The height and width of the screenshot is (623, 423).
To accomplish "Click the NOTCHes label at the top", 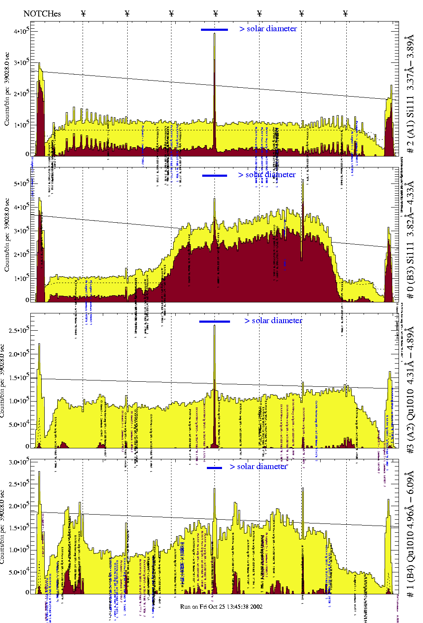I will point(42,13).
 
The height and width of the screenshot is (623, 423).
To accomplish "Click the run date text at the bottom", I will point(221,607).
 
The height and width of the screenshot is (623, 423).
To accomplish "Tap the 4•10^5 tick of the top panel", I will point(21,31).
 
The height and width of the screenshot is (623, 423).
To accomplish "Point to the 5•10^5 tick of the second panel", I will point(21,183).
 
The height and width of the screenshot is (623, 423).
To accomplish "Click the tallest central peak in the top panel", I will point(214,36).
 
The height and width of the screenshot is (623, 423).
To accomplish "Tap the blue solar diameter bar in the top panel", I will point(214,30).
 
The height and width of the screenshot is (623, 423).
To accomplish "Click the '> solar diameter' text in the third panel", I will point(273,321).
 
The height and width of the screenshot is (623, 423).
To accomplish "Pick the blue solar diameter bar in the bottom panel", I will point(214,468).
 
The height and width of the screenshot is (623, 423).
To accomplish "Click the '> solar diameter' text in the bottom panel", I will point(258,467).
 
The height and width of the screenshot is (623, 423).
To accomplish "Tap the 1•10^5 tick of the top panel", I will point(21,124).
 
